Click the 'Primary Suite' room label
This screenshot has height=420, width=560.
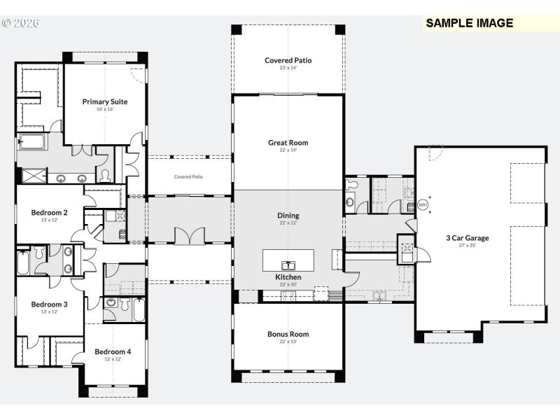tap(105, 101)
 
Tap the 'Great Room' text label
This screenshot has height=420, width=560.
tap(288, 143)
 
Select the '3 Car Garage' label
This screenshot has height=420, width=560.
tap(468, 238)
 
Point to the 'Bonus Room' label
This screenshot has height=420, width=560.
tap(288, 334)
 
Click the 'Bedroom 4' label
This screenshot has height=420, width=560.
tap(113, 351)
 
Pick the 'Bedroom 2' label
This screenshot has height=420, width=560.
tap(49, 213)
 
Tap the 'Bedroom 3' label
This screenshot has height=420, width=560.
tap(49, 304)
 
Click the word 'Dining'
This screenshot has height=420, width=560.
tap(288, 216)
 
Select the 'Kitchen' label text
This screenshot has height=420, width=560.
tap(288, 277)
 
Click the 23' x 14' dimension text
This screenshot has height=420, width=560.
tap(288, 69)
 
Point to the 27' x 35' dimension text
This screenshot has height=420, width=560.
tap(468, 246)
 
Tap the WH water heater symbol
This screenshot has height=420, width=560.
tap(422, 205)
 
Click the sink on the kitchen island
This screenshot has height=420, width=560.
tap(288, 265)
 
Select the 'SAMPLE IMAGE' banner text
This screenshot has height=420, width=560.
tap(470, 23)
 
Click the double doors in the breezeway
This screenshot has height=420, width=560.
tap(188, 236)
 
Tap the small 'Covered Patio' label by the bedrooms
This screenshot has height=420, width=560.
tap(188, 177)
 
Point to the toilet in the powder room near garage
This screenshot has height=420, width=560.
tap(351, 185)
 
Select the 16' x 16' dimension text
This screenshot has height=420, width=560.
tap(105, 109)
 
